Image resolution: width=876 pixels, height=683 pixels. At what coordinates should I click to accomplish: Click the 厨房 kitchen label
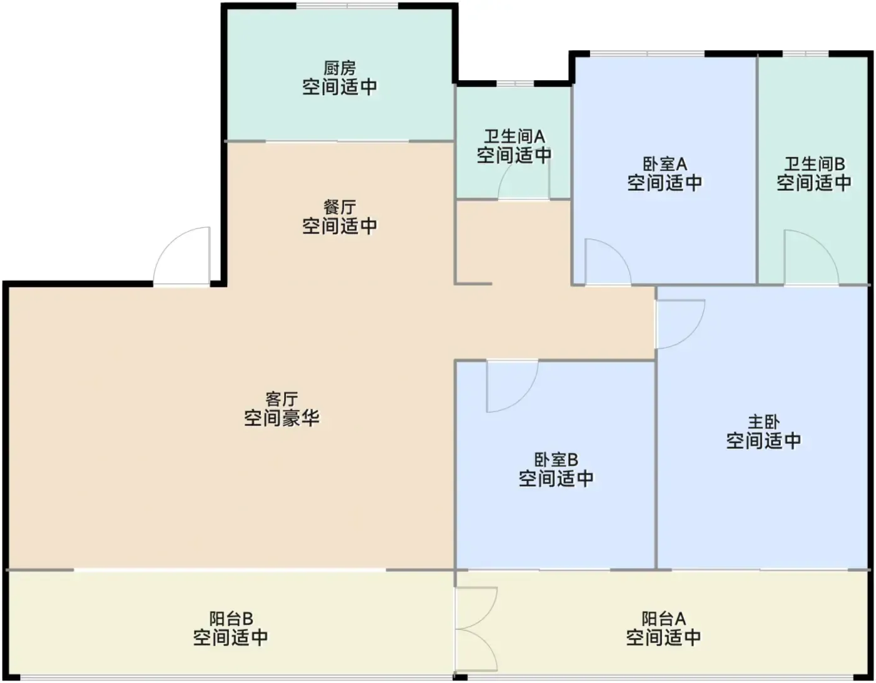click(339, 68)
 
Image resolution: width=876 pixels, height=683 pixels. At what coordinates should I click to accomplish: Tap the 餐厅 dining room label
click(339, 208)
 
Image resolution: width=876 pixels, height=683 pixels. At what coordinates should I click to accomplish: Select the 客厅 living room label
click(282, 399)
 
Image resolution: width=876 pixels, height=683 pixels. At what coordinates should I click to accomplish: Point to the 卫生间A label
click(514, 136)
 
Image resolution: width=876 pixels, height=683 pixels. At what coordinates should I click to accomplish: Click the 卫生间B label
click(814, 164)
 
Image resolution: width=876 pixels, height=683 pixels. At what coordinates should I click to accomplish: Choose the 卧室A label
click(665, 164)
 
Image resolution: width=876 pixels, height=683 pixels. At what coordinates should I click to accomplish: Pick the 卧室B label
click(556, 460)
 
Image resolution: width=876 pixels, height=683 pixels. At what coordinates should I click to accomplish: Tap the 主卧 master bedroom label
click(763, 422)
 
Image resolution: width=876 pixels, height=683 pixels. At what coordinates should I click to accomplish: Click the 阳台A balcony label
click(663, 619)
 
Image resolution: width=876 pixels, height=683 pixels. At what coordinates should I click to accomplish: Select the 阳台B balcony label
click(231, 619)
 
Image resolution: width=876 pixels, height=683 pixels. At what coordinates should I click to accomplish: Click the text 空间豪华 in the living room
click(282, 418)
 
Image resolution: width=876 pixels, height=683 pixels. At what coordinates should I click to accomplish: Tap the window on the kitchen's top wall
click(347, 6)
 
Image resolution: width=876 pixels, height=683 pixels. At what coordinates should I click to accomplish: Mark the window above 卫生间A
click(515, 83)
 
